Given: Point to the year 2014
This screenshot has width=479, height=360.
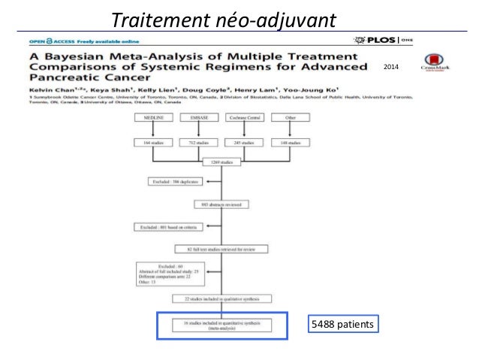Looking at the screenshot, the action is (x=393, y=68).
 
